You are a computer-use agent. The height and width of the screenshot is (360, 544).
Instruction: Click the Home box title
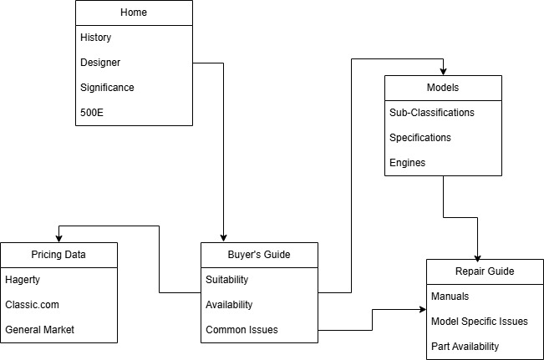pos(134,13)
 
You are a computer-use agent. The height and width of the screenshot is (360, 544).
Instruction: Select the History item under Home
pos(96,38)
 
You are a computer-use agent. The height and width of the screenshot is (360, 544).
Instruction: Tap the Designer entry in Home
pos(100,63)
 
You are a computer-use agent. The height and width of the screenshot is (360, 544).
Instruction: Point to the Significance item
pos(107,88)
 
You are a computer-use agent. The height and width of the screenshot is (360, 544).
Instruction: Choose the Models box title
pos(443,88)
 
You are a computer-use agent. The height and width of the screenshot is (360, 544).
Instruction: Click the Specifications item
pos(420,138)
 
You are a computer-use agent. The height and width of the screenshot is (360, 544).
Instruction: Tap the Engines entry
pos(408,163)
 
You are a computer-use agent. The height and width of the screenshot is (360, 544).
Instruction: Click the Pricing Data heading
pos(58,255)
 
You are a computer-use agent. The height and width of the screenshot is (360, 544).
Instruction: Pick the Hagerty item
pos(23,280)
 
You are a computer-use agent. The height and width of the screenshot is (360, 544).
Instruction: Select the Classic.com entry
pos(32,305)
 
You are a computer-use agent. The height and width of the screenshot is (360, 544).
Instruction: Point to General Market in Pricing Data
pos(39,330)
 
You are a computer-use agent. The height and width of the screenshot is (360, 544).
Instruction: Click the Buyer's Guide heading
pos(259,255)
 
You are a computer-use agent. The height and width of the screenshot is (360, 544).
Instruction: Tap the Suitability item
pos(227,280)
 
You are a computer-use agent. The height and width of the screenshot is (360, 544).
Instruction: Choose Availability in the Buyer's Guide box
pos(229,305)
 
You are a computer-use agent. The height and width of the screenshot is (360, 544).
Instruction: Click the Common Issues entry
pos(241,330)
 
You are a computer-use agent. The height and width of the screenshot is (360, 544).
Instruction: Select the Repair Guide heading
pos(485,271)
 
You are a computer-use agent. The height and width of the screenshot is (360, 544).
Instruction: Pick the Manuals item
pos(450,297)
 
